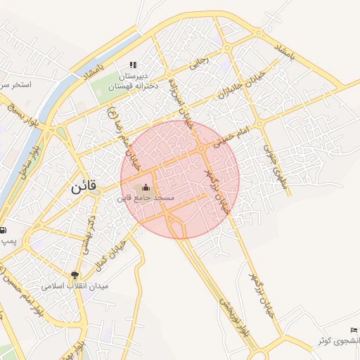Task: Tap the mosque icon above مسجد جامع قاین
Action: [146, 188]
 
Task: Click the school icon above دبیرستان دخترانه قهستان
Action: [133, 65]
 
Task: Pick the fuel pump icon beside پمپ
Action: [3, 230]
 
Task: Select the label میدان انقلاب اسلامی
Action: [72, 286]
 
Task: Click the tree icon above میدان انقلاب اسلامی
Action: [75, 275]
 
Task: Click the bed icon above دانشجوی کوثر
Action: [354, 330]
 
